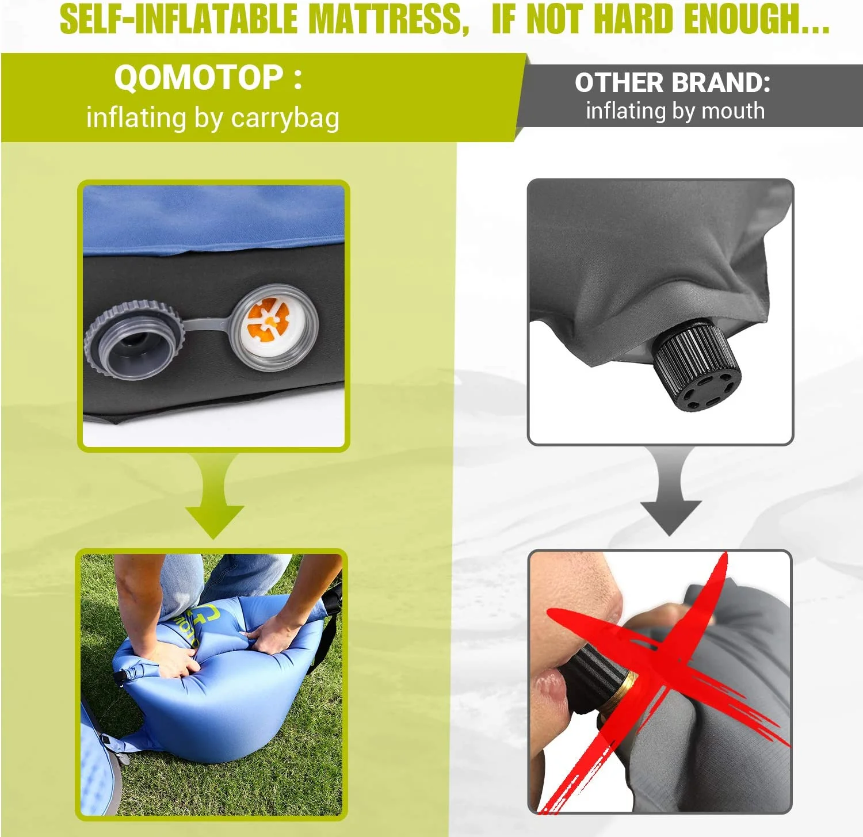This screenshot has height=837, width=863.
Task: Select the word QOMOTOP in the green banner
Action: click(x=198, y=78)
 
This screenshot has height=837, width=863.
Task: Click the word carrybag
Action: click(x=285, y=119)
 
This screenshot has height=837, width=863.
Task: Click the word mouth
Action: click(x=734, y=110)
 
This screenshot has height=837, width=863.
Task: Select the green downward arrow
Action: click(x=214, y=495)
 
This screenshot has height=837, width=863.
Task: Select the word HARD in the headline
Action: click(x=633, y=18)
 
